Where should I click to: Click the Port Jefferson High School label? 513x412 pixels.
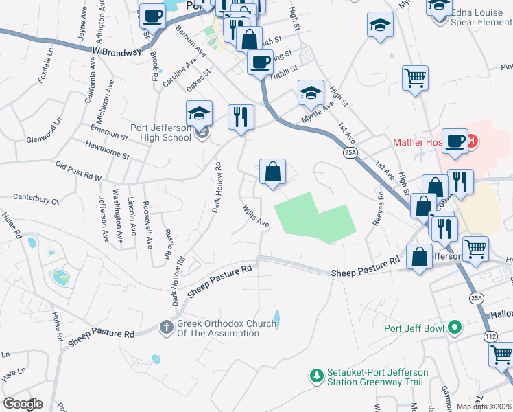coord(160,132)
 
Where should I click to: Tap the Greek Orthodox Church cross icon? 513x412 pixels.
coord(167,328)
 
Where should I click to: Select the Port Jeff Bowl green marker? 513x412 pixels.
coord(453,328)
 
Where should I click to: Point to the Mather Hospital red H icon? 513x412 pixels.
coord(473,142)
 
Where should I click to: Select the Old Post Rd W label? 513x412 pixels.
coord(78,172)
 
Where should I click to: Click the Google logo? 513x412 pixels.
coord(22,404)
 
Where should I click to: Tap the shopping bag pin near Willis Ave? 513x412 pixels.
coord(273,172)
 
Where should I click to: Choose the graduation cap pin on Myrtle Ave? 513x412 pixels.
coord(311,92)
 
